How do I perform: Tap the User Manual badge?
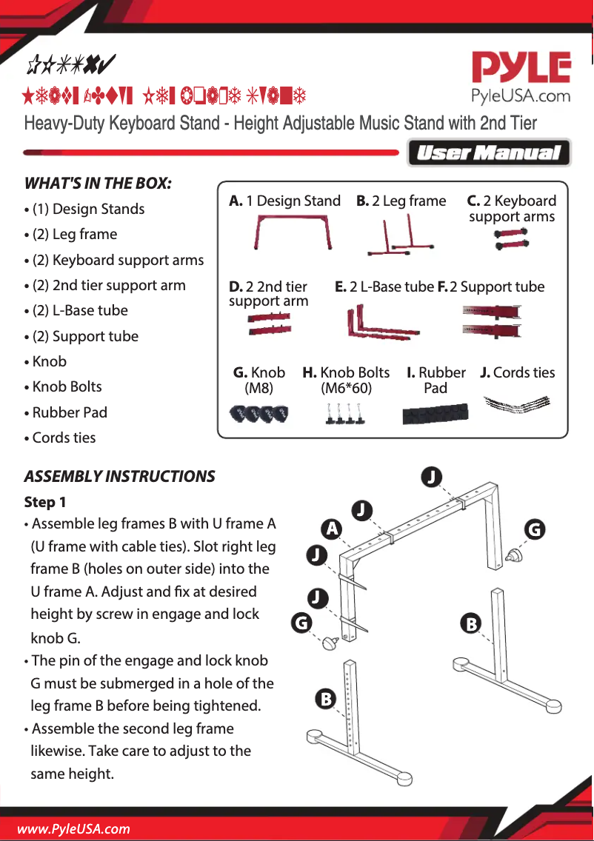pos(489,153)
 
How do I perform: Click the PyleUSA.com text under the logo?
pos(521,96)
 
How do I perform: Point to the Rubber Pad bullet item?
pos(70,412)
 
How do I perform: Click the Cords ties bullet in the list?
pos(64,438)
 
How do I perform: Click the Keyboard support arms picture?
pos(512,238)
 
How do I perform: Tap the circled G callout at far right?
pos(535,529)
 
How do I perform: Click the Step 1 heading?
pos(45,502)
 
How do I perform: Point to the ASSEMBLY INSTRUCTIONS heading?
pos(120,477)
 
